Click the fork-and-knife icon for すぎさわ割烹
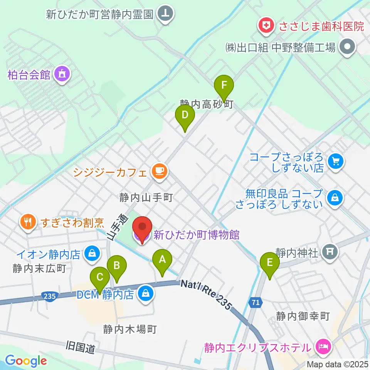[x=27, y=222]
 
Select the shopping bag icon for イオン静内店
[x=92, y=254]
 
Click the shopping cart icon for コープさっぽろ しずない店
[x=335, y=160]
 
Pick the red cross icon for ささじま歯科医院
[x=265, y=26]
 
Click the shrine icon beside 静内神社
[x=329, y=252]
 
